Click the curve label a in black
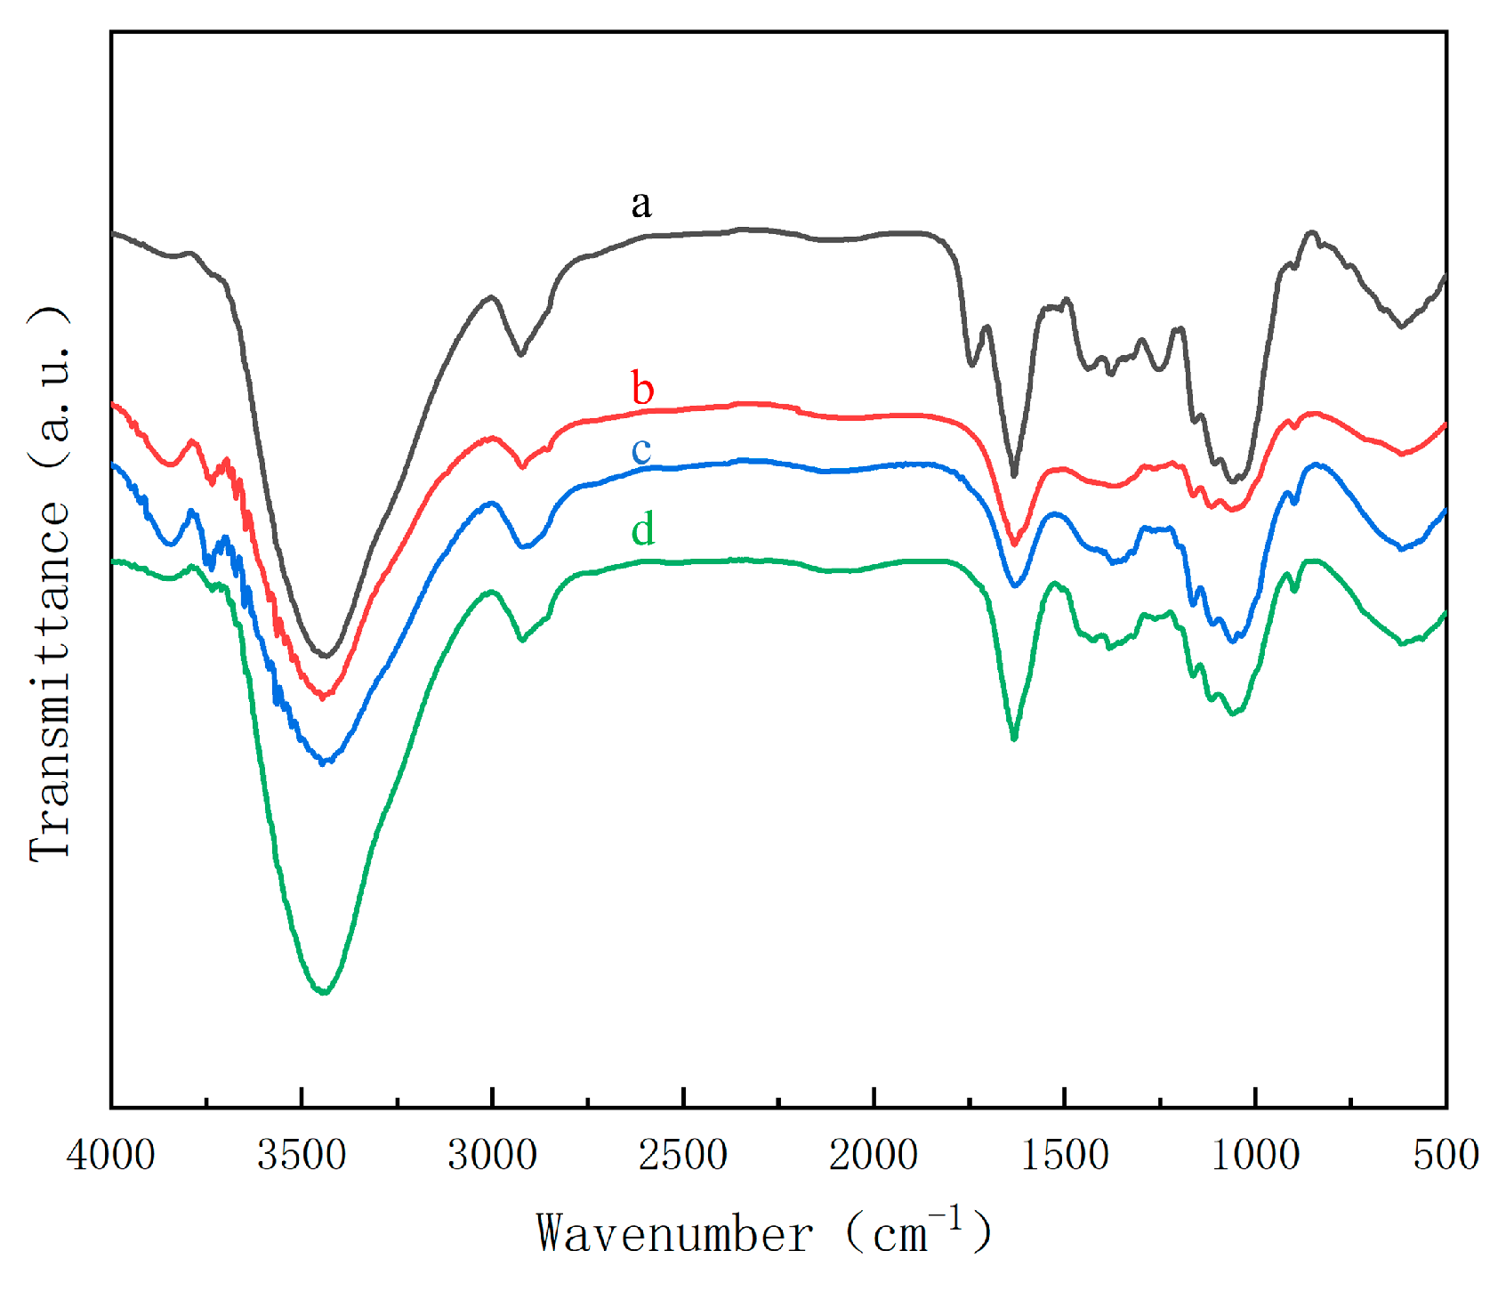coord(640,206)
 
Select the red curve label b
coord(642,389)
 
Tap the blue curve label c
coord(641,450)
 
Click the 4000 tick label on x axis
coord(111,1155)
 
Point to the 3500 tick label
coord(302,1155)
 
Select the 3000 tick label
coord(492,1155)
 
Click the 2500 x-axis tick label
coord(683,1155)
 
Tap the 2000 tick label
coord(874,1155)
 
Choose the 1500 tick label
coord(1065,1155)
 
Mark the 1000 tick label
coord(1255,1155)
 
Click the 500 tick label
coord(1446,1155)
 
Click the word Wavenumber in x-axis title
coord(674,1235)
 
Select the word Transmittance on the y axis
coord(50,681)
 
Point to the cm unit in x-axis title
coord(900,1235)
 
